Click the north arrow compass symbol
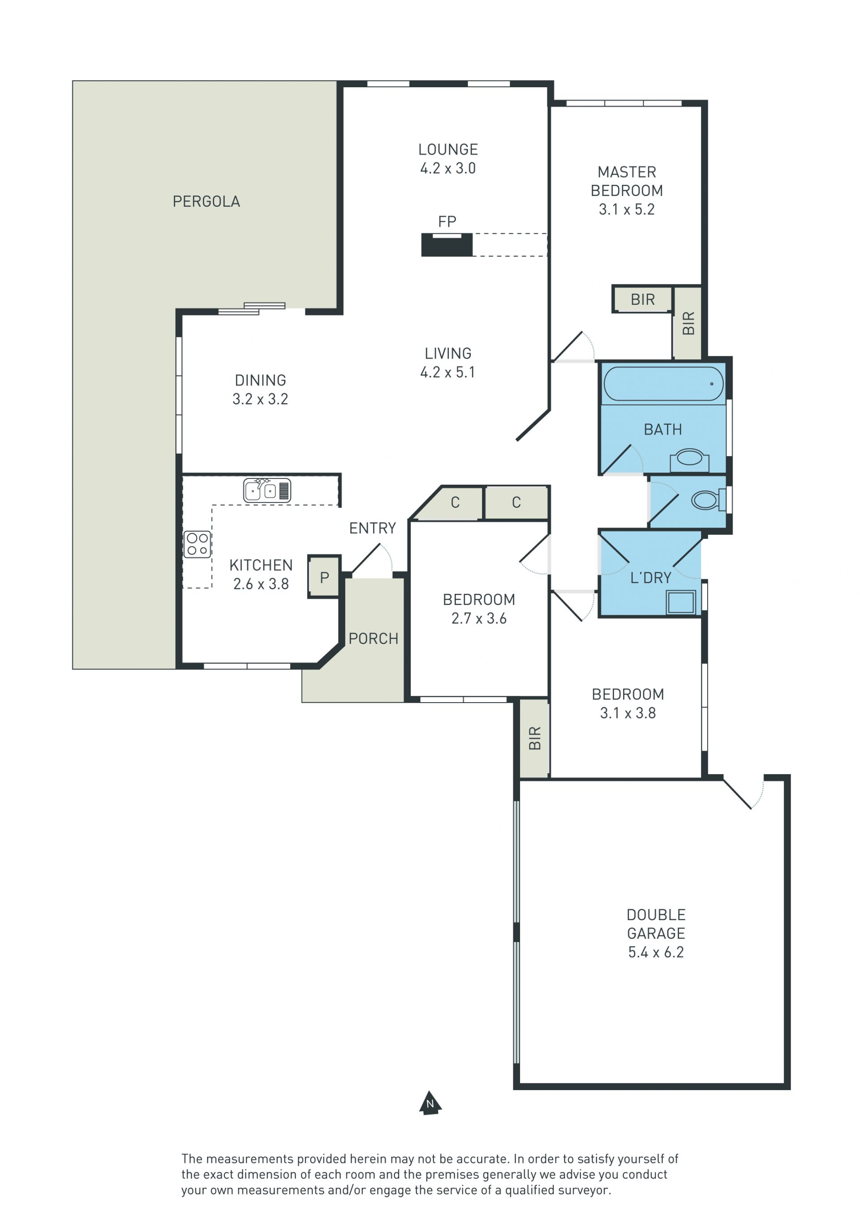(430, 1103)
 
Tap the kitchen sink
(267, 490)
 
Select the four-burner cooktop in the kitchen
(197, 544)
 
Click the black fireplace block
(447, 245)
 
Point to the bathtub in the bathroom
(663, 384)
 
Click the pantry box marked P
(324, 577)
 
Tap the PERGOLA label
(206, 202)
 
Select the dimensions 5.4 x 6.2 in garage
(656, 952)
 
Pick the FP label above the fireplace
(447, 221)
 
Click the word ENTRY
(372, 528)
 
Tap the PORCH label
(373, 639)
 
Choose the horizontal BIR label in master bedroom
(642, 299)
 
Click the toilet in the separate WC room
(708, 499)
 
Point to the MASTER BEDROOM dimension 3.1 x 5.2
(627, 209)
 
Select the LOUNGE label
(448, 150)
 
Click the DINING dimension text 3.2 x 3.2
(260, 399)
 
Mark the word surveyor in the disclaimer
(587, 1190)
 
